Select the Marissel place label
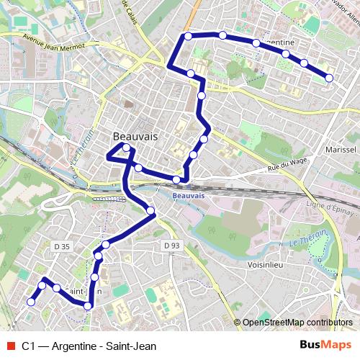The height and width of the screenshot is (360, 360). pos(341,150)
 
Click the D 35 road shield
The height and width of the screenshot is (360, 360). pos(62,246)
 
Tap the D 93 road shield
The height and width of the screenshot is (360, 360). pos(171,246)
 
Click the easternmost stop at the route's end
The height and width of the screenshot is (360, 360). pos(329,77)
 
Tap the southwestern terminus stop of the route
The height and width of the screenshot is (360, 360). pos(30,302)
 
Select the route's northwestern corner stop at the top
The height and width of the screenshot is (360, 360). pos(188,35)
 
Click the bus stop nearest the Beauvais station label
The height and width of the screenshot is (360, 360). pos(176,179)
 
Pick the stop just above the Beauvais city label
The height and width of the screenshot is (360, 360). pos(126,148)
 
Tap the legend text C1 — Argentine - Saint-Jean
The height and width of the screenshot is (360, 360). pos(88,346)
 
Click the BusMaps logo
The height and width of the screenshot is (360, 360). pos(325,346)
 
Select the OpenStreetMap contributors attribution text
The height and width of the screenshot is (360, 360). pos(297,323)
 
